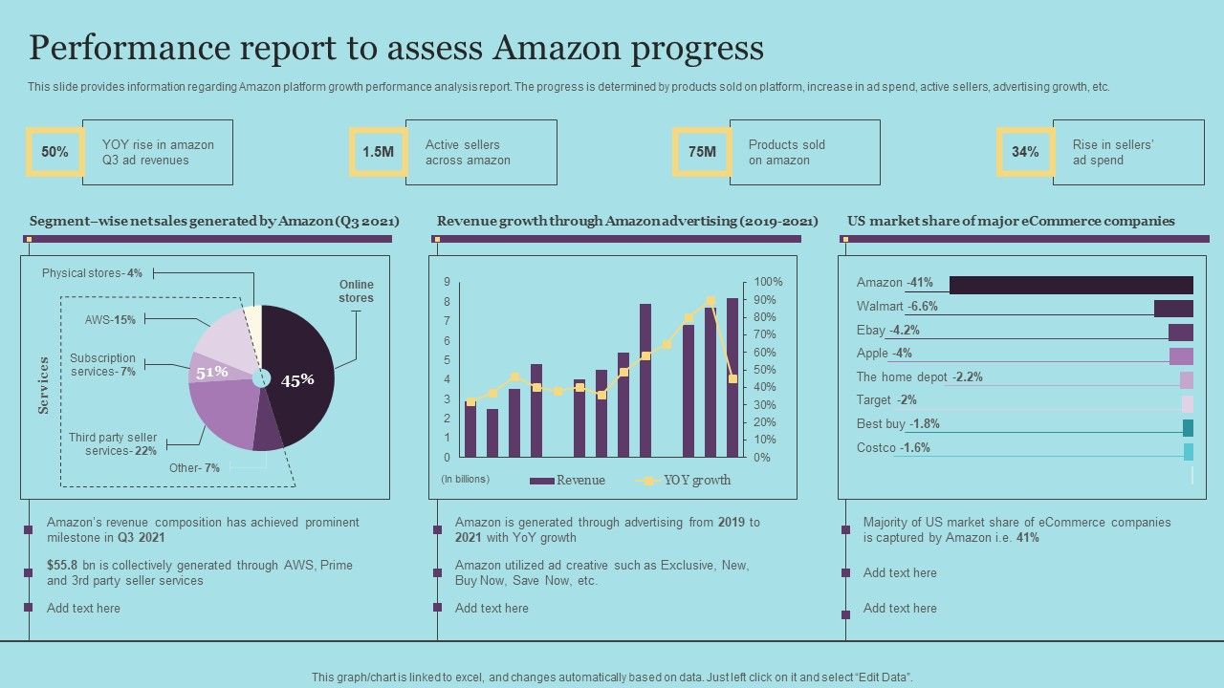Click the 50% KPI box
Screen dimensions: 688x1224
(x=55, y=152)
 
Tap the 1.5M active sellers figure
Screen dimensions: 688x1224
(x=378, y=152)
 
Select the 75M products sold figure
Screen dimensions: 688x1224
(x=701, y=152)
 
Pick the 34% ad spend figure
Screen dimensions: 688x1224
(x=1025, y=152)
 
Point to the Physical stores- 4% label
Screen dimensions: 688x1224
(x=92, y=273)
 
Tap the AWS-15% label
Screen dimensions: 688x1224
(x=110, y=320)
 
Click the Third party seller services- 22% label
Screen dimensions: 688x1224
(x=113, y=444)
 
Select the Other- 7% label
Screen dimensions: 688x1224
(x=194, y=468)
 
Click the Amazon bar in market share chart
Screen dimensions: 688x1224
(x=1071, y=285)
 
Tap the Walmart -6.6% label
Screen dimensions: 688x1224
(x=897, y=307)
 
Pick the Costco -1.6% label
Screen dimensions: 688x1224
(x=893, y=448)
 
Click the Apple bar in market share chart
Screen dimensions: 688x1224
(x=1181, y=355)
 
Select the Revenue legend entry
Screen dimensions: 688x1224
(x=568, y=481)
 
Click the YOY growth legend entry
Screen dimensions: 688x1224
(x=685, y=481)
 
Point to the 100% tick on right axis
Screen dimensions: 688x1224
(x=768, y=283)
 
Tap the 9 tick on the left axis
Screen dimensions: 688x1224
(x=447, y=283)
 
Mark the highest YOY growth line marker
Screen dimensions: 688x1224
(x=710, y=300)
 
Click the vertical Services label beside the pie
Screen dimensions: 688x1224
(x=44, y=385)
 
